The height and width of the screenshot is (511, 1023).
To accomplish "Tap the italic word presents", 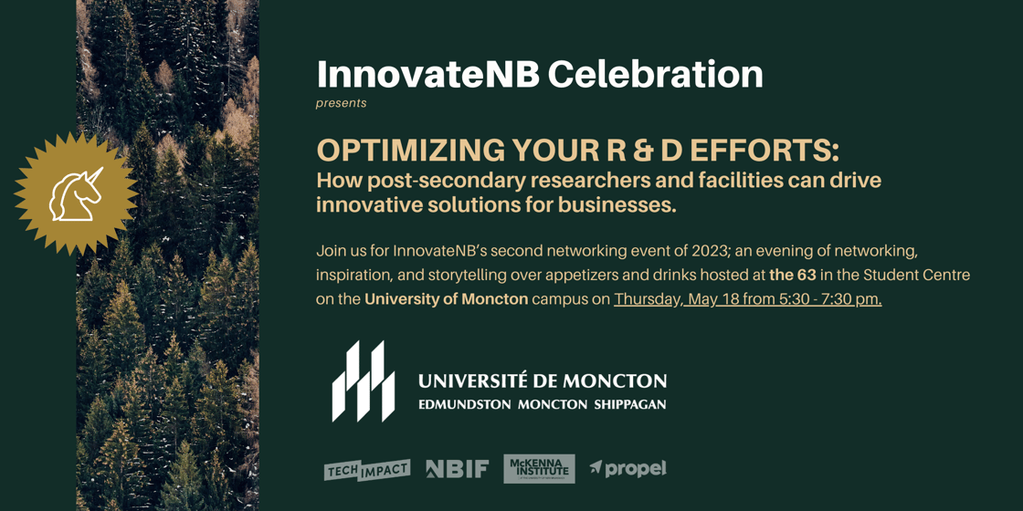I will pos(342,103).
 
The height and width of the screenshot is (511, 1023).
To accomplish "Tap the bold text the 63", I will pos(792,275).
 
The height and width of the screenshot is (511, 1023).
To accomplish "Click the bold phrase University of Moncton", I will pos(446,299).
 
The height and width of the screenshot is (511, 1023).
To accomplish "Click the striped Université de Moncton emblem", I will pos(363,381).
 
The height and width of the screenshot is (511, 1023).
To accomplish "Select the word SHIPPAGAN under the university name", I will pos(630,404).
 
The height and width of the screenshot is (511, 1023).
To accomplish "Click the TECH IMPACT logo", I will pos(367,469).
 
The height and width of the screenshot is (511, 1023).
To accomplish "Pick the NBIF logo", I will pos(458,469).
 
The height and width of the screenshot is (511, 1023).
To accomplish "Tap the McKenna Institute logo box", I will pos(539,469).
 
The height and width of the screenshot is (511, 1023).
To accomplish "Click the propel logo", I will pos(628,469).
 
